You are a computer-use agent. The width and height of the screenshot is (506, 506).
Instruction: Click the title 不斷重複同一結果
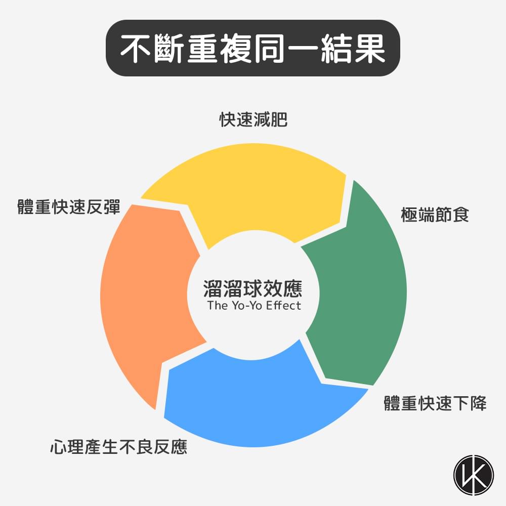(x=253, y=49)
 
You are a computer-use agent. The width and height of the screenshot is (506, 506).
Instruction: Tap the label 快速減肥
(x=253, y=120)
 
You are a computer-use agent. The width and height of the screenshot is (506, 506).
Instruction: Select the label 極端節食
(x=435, y=214)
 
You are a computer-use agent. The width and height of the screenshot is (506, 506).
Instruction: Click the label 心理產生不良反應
(x=118, y=447)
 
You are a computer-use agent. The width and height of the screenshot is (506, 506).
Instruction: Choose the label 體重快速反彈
(x=69, y=207)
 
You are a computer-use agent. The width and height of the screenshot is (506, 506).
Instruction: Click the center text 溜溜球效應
(x=253, y=289)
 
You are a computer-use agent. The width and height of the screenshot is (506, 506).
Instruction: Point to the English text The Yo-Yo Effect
(x=254, y=306)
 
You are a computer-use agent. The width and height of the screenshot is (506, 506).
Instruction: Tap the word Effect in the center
(x=284, y=306)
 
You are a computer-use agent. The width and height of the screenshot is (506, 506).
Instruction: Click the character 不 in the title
(x=136, y=49)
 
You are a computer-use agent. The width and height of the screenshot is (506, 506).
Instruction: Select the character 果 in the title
(x=369, y=49)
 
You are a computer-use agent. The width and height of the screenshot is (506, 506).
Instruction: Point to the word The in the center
(x=218, y=306)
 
